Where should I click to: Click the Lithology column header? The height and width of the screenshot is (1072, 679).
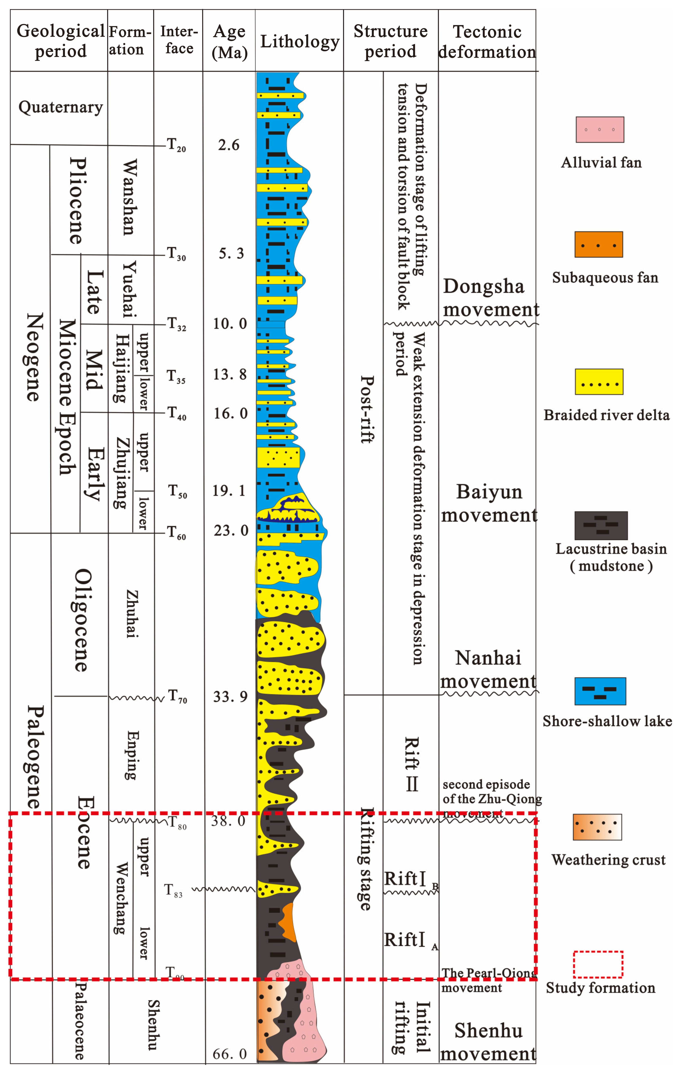pos(299,41)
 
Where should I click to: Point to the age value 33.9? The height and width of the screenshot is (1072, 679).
pos(230,696)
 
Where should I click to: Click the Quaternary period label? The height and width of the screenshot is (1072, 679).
pos(61,107)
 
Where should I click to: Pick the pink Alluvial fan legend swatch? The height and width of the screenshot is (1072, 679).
pos(600,130)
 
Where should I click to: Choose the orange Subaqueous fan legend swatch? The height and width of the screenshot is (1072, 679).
pos(598,244)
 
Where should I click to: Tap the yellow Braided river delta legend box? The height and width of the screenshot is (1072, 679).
pos(599,382)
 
